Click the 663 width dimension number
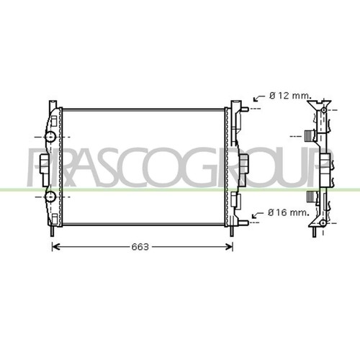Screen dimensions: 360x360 point(140,247)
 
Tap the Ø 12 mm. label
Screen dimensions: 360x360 point(290,96)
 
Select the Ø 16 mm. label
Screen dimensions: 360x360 point(289,212)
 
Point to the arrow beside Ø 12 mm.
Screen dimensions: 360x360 point(259,98)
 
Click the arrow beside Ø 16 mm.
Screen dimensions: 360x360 point(258,215)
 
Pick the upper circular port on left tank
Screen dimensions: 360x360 point(50,137)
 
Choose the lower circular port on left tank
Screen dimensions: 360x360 point(50,197)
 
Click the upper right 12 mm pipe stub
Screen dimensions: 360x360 point(245,109)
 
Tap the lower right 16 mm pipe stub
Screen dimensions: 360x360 point(244,222)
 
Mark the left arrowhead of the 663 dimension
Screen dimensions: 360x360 point(55,247)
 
